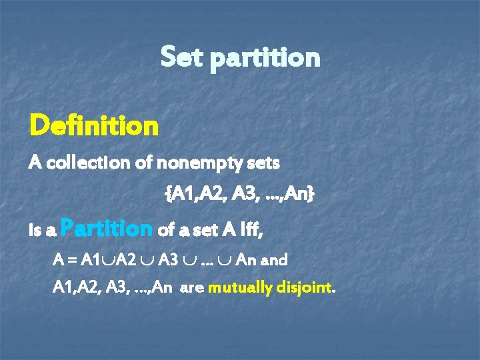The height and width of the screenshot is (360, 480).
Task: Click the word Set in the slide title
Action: [183, 57]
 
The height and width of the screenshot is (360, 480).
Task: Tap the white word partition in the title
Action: [265, 59]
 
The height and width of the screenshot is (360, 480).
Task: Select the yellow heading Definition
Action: [93, 124]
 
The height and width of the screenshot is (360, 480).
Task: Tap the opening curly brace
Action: [167, 195]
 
